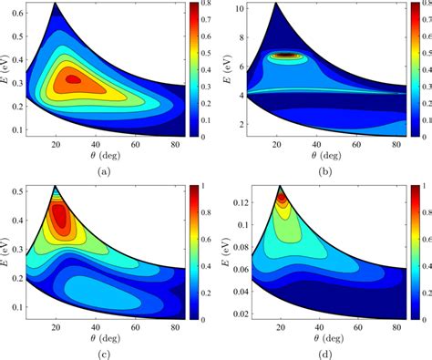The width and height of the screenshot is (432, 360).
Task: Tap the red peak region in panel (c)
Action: [x=59, y=217]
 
